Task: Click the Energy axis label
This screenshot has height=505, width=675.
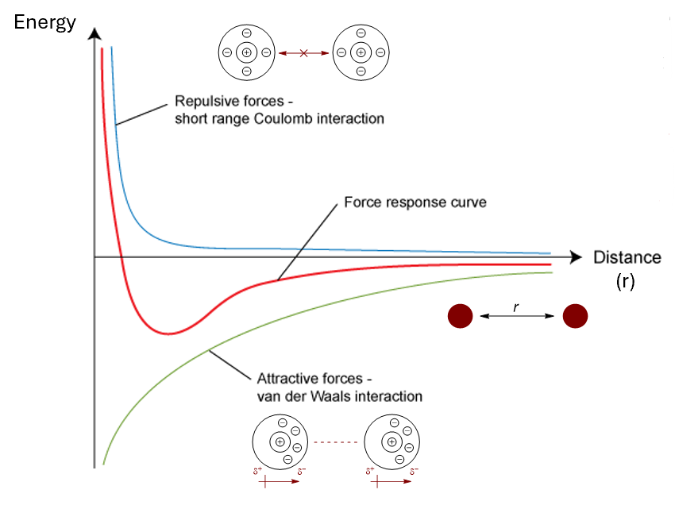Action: [45, 21]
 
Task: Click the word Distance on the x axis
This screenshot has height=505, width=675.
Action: [627, 257]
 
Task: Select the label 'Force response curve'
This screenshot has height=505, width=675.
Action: [415, 202]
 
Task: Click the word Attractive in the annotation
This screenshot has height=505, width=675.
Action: [285, 378]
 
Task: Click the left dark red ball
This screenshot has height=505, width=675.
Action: [460, 316]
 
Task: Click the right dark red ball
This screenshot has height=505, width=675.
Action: [575, 316]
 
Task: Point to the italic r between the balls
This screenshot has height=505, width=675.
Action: [516, 306]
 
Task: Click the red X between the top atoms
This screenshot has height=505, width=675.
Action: [303, 52]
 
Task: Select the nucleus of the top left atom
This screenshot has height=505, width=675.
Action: [246, 52]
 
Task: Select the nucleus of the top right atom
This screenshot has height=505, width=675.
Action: [361, 52]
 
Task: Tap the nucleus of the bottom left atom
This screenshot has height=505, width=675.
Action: [279, 442]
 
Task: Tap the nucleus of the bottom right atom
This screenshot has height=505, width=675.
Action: [391, 442]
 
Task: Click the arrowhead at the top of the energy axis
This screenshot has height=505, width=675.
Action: [94, 34]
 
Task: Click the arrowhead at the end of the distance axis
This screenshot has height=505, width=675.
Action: [576, 257]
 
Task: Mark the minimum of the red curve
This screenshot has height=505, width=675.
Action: [168, 333]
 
